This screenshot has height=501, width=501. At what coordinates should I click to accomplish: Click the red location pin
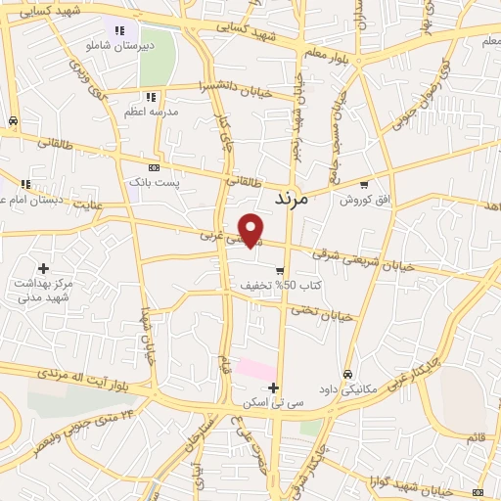[x=251, y=229]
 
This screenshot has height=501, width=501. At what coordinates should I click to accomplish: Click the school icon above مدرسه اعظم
[x=150, y=97]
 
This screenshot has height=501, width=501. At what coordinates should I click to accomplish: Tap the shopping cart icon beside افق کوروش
[x=364, y=184]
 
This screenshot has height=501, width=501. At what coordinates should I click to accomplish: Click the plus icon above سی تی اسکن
[x=274, y=387]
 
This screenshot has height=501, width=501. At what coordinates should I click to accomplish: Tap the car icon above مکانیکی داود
[x=347, y=374]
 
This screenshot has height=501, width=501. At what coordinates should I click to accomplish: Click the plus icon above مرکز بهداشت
[x=43, y=267]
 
